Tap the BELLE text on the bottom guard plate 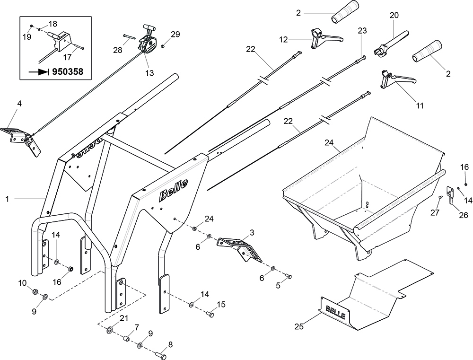pos(336,312)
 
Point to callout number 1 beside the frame pos(7,200)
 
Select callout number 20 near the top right pos(394,15)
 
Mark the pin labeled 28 pos(130,37)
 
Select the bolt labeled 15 pos(210,313)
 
